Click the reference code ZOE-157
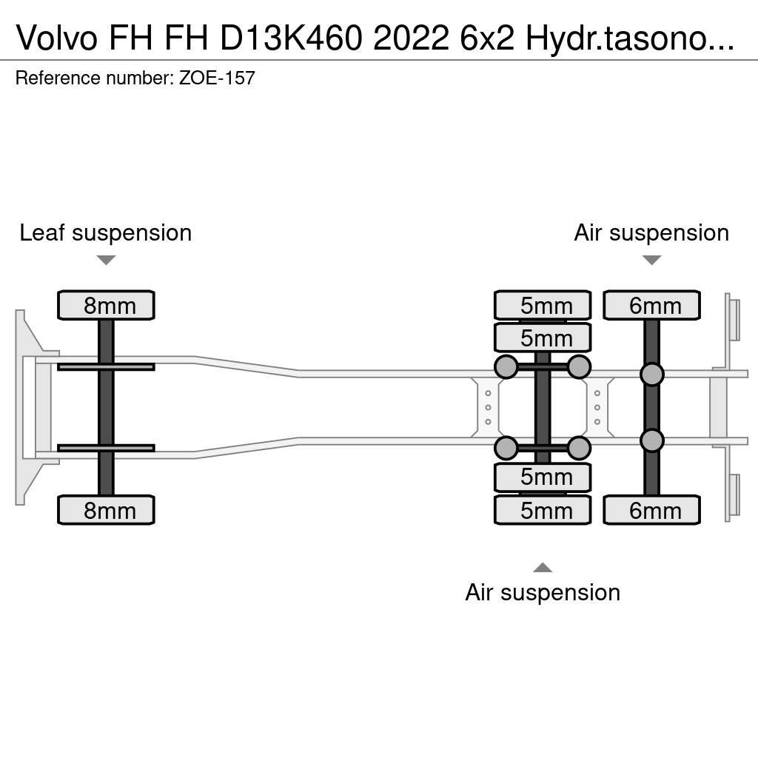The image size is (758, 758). click(217, 78)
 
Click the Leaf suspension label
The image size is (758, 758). click(106, 233)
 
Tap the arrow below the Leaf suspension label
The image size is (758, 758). click(106, 260)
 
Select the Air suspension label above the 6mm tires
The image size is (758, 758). click(651, 233)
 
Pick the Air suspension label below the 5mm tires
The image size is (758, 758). click(543, 592)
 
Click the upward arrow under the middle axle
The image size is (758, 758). click(543, 568)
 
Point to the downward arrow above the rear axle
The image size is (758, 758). click(651, 260)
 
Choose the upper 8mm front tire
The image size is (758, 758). click(106, 305)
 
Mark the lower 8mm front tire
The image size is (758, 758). click(106, 510)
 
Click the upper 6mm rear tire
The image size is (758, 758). click(651, 305)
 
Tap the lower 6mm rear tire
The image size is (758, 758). click(651, 510)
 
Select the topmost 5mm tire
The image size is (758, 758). click(543, 305)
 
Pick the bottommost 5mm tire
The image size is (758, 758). click(543, 510)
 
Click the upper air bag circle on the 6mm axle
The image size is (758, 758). click(651, 375)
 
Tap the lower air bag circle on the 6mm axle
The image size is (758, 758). click(651, 440)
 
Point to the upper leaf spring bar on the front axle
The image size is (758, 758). click(106, 366)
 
